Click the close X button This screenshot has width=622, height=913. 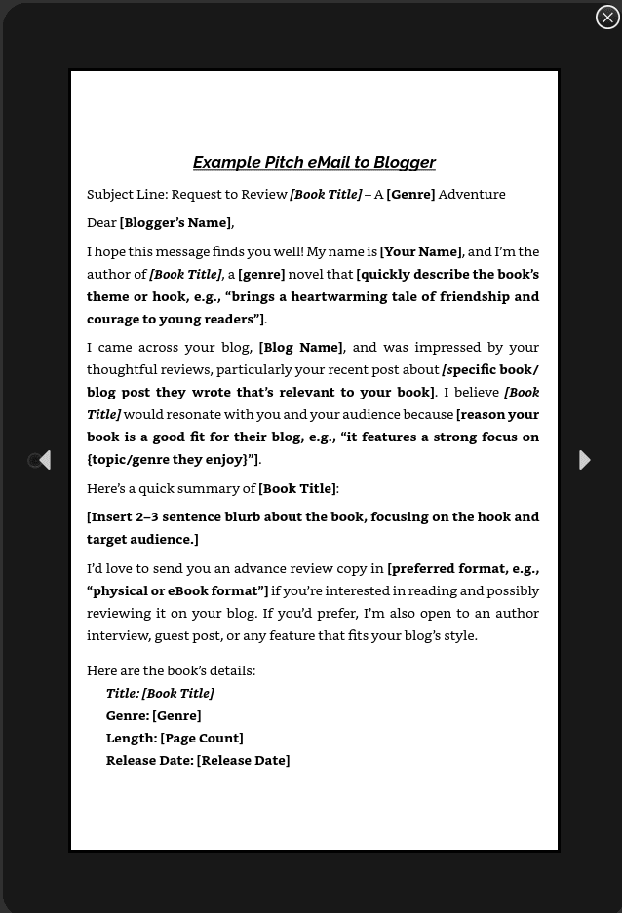pyautogui.click(x=607, y=18)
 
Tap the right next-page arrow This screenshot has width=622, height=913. pyautogui.click(x=584, y=460)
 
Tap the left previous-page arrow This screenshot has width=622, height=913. pyautogui.click(x=44, y=460)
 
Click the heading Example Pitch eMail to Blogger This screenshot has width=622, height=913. pyautogui.click(x=314, y=162)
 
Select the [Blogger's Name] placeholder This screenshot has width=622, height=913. pyautogui.click(x=176, y=223)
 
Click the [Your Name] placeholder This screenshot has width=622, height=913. pyautogui.click(x=420, y=251)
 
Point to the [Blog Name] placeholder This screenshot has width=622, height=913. pyautogui.click(x=300, y=347)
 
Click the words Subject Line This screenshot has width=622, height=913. pyautogui.click(x=126, y=194)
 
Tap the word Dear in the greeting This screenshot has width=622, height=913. pyautogui.click(x=101, y=223)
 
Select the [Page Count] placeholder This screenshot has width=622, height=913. pyautogui.click(x=202, y=738)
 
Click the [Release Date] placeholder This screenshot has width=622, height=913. pyautogui.click(x=243, y=760)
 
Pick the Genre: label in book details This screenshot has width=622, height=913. pyautogui.click(x=128, y=715)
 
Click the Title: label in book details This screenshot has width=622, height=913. pyautogui.click(x=123, y=693)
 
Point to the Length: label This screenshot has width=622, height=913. pyautogui.click(x=132, y=738)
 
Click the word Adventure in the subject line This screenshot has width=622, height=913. pyautogui.click(x=472, y=194)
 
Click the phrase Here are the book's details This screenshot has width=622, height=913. pyautogui.click(x=171, y=670)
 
